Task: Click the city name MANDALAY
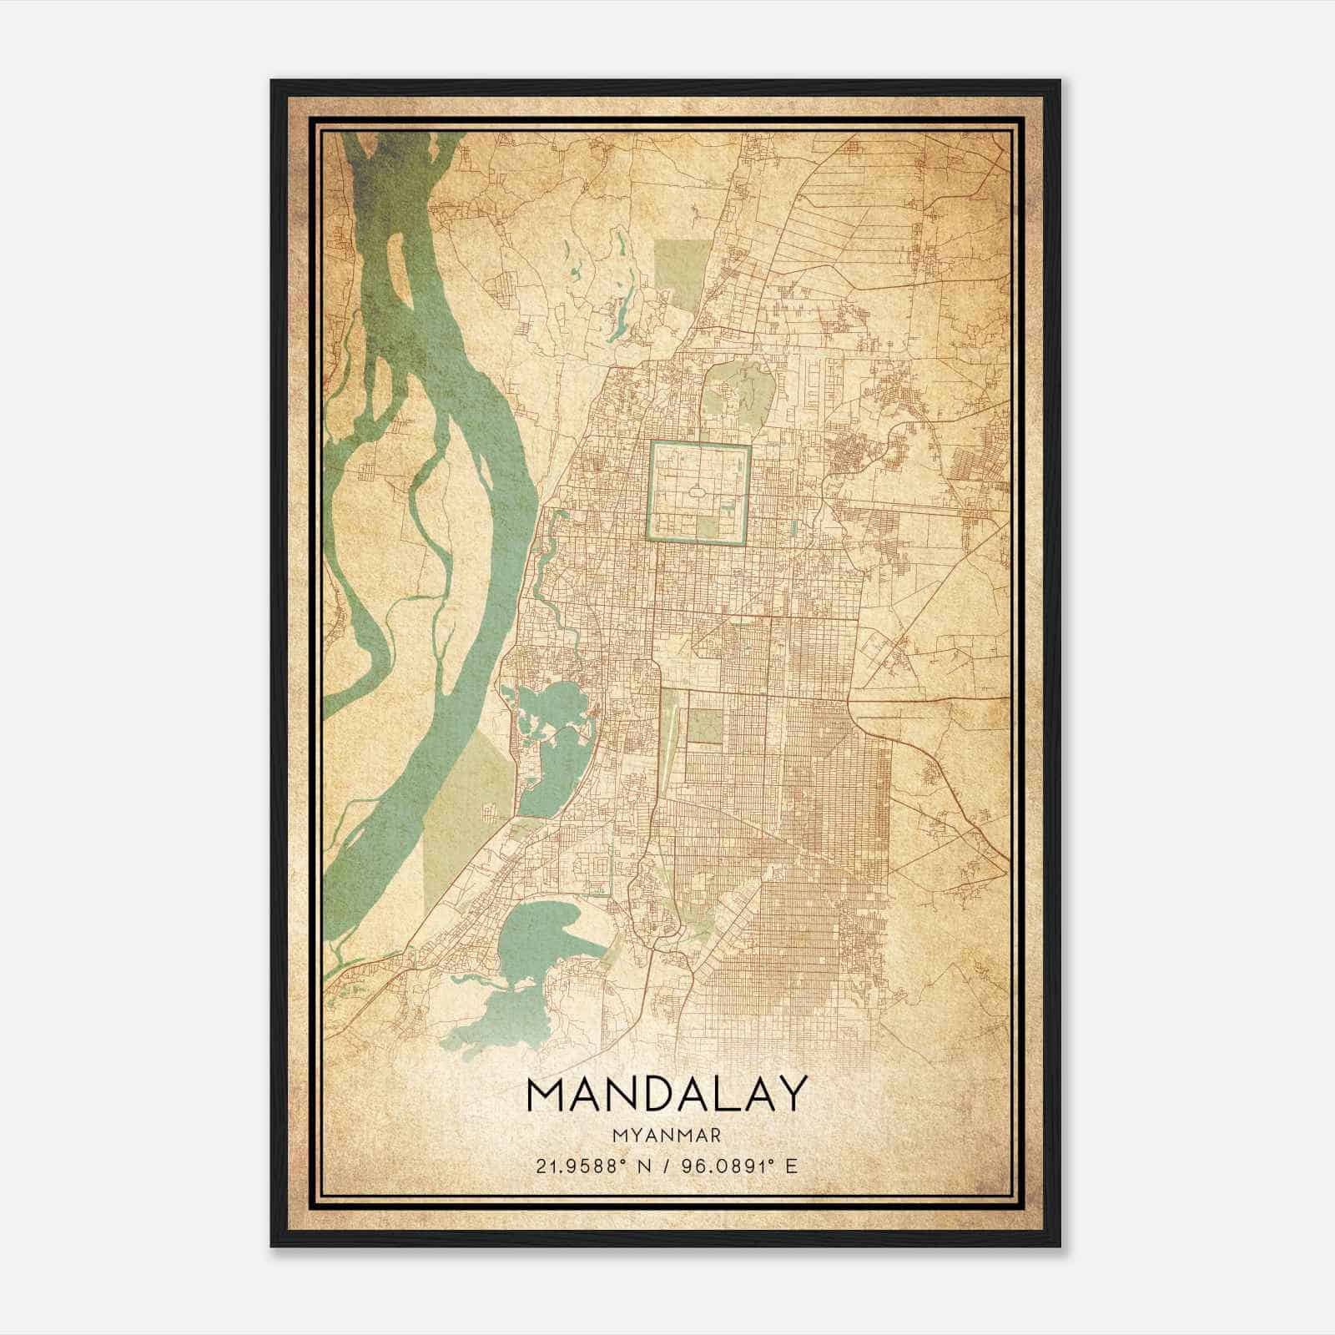(x=667, y=1094)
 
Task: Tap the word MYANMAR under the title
(x=667, y=1135)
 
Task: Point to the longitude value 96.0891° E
(x=741, y=1166)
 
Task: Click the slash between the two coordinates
(x=667, y=1166)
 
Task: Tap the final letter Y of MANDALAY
(x=793, y=1094)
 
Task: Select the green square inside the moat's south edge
(x=707, y=526)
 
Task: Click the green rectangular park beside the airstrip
(x=704, y=725)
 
